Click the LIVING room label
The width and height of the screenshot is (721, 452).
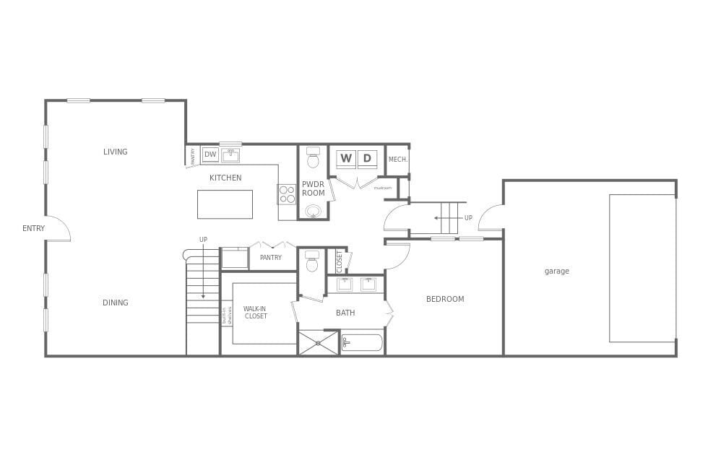click(115, 152)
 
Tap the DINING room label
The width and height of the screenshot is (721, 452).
click(115, 303)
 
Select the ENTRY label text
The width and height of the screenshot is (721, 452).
click(33, 228)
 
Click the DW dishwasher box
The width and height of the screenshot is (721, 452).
click(210, 155)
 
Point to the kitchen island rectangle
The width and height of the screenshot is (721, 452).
click(225, 204)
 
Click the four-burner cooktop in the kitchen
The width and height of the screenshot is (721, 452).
click(287, 194)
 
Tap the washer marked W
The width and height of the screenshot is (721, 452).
click(346, 159)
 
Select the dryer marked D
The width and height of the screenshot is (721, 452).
click(367, 159)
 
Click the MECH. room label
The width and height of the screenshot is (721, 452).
click(398, 160)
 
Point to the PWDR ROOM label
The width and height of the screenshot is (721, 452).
click(313, 188)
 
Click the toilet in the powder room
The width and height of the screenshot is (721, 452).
click(313, 158)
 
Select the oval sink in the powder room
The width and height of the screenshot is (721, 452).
click(313, 212)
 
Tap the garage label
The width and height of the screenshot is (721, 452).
click(556, 271)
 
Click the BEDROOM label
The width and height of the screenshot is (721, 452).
click(445, 299)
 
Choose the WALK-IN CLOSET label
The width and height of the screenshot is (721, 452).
click(255, 313)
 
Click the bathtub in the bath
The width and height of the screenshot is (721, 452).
click(362, 342)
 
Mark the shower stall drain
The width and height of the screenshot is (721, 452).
click(318, 343)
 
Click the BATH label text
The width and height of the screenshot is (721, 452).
click(345, 313)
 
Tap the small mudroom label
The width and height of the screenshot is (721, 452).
click(382, 188)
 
